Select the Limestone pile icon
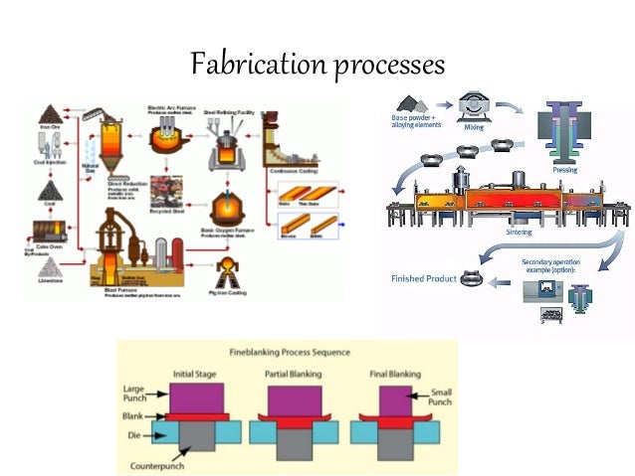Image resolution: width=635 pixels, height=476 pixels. pyautogui.click(x=48, y=266)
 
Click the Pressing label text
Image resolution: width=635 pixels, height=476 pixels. pyautogui.click(x=564, y=170)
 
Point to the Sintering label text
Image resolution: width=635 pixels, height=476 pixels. pyautogui.click(x=519, y=233)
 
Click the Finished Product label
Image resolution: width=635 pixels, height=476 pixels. pyautogui.click(x=423, y=278)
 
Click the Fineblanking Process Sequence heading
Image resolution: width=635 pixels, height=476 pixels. pyautogui.click(x=289, y=352)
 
